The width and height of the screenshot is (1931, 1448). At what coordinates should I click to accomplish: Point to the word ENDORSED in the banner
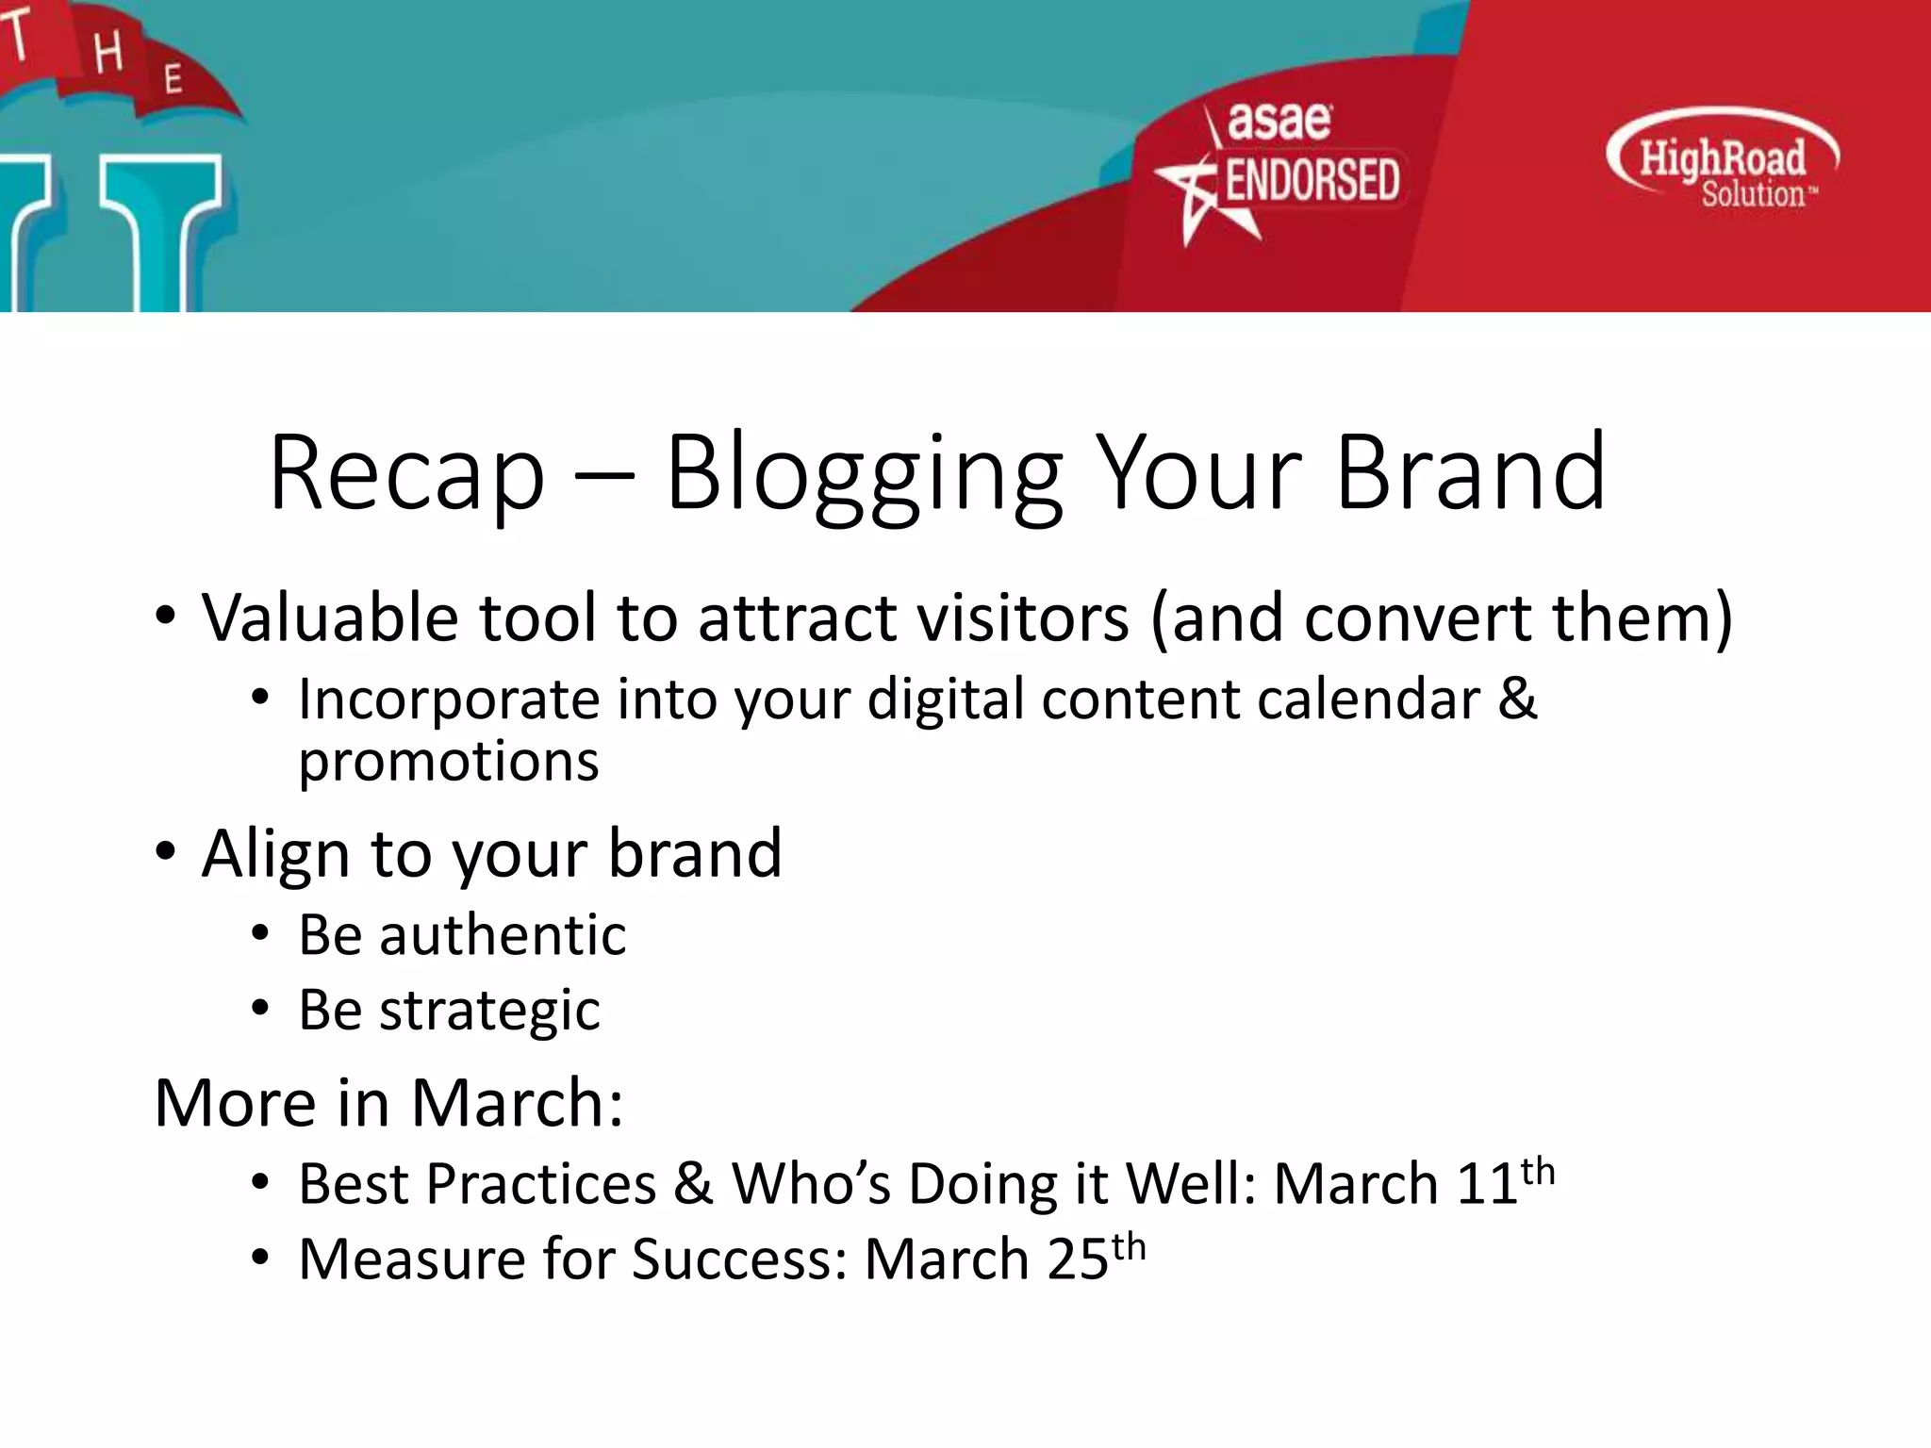[x=1312, y=181]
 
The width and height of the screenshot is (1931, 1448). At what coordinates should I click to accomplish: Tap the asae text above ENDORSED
[x=1279, y=122]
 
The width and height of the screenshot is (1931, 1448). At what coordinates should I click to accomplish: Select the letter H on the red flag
[x=107, y=52]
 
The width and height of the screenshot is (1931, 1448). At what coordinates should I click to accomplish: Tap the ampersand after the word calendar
[x=1517, y=699]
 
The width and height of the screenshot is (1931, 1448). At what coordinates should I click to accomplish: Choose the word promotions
[x=449, y=762]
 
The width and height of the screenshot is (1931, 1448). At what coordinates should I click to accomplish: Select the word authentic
[x=503, y=935]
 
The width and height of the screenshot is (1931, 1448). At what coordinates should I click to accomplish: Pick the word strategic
[x=489, y=1011]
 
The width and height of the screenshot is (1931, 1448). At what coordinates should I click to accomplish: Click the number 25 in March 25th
[x=1078, y=1259]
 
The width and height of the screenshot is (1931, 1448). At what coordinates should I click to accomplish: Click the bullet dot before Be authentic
[x=260, y=935]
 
